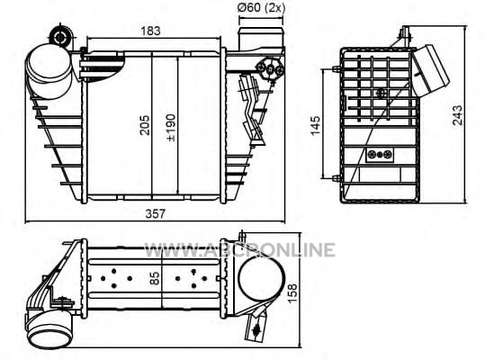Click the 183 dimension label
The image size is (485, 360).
click(x=150, y=31)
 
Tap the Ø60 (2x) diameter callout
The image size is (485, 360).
click(x=261, y=7)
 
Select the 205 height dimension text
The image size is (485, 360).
click(x=145, y=125)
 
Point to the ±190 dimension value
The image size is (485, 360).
click(x=171, y=128)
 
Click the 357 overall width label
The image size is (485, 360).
click(x=156, y=213)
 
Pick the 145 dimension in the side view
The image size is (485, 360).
click(x=315, y=125)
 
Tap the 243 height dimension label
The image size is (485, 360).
click(x=457, y=115)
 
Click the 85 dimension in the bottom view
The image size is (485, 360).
click(x=155, y=278)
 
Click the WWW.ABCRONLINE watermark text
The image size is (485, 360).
click(x=240, y=250)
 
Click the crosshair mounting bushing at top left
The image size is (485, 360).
click(x=60, y=38)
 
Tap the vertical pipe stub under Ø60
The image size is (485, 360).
click(x=261, y=39)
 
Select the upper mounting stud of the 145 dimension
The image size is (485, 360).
click(x=337, y=69)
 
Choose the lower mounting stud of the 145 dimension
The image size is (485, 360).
click(x=337, y=178)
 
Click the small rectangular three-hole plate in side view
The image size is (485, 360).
click(x=380, y=155)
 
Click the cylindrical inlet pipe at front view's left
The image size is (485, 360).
click(x=49, y=72)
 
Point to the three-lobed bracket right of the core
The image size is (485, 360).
click(x=270, y=69)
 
